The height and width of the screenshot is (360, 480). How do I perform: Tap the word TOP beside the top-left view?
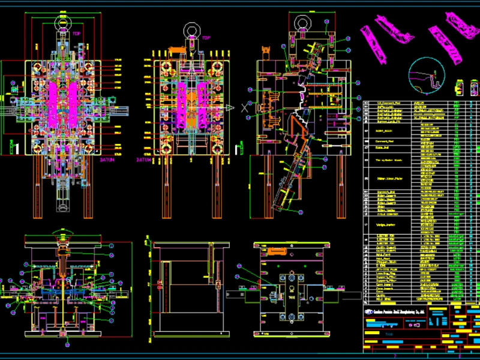tap(76, 34)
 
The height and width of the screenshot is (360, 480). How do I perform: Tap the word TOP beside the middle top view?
tap(206, 38)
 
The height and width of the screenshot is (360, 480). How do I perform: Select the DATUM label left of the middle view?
tap(145, 160)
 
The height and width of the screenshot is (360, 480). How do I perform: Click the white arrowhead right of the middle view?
tap(228, 107)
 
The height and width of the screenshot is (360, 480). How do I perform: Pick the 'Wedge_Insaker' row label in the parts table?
tap(385, 225)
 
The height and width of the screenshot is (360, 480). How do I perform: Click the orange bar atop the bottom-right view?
tap(284, 247)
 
